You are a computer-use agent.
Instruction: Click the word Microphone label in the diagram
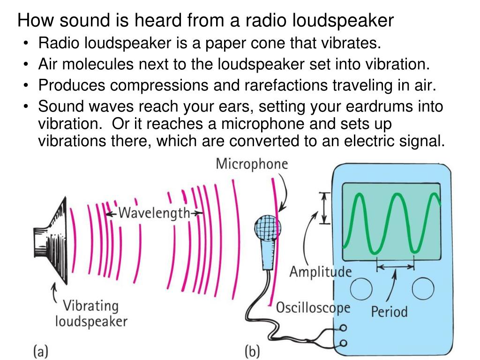[252, 165]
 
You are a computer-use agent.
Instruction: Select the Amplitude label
[320, 271]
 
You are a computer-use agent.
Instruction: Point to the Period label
[389, 311]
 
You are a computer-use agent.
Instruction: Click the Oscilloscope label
[313, 307]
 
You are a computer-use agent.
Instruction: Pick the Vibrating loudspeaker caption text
[91, 314]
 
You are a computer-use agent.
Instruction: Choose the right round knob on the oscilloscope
[423, 289]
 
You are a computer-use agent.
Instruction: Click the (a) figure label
[41, 351]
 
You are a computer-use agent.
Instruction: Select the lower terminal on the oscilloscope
[345, 343]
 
